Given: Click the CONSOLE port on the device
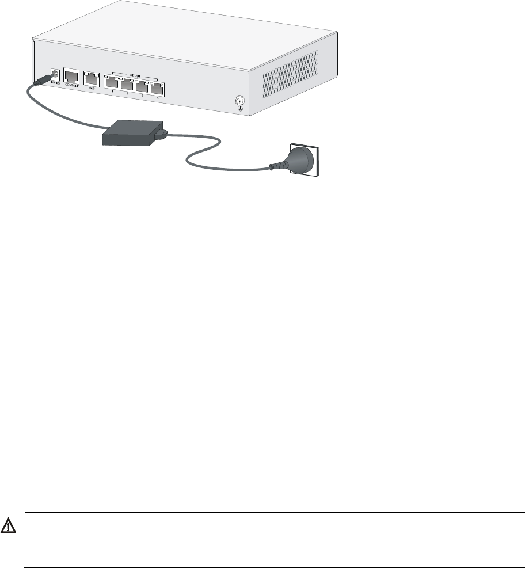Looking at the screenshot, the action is pyautogui.click(x=71, y=77).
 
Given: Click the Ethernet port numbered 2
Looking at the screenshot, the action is pyautogui.click(x=126, y=87).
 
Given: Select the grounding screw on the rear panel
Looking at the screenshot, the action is pyautogui.click(x=239, y=102).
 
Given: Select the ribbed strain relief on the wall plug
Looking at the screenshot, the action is pyautogui.click(x=279, y=166).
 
